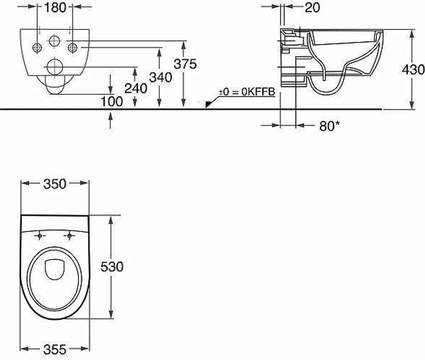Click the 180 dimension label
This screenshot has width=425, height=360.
click(x=55, y=7)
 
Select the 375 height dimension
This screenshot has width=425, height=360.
click(x=185, y=64)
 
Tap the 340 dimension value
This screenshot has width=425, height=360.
click(x=160, y=77)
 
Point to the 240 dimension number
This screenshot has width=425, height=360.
click(x=135, y=88)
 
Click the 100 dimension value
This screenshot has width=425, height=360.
click(x=111, y=102)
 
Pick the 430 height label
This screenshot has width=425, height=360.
click(x=413, y=70)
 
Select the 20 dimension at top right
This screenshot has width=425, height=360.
click(x=312, y=7)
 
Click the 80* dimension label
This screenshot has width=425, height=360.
click(x=329, y=126)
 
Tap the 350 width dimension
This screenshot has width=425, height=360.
click(x=55, y=184)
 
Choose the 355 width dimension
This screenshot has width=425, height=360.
click(x=55, y=350)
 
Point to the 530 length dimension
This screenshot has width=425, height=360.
click(x=112, y=266)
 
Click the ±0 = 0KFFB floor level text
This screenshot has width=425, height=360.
click(x=247, y=92)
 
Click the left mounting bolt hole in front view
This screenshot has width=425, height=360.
click(x=37, y=48)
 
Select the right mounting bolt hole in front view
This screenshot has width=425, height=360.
click(x=72, y=48)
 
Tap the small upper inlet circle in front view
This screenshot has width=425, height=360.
click(x=55, y=41)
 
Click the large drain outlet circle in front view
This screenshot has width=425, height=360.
click(x=55, y=67)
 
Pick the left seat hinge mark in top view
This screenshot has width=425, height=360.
click(x=40, y=236)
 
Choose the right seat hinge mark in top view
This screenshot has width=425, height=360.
click(x=70, y=236)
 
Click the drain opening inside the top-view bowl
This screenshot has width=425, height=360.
click(x=55, y=268)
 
